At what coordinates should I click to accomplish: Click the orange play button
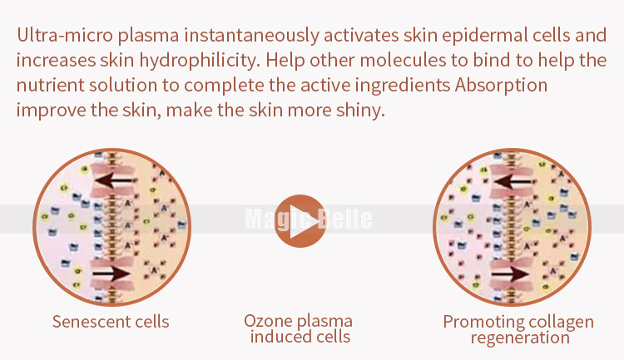click(x=300, y=221)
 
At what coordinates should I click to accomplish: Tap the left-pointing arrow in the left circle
click(x=113, y=181)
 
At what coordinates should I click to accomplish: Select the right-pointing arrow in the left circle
click(x=111, y=274)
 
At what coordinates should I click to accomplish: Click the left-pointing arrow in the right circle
click(x=513, y=182)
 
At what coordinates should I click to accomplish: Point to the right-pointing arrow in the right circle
click(x=511, y=274)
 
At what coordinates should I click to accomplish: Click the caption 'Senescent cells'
click(x=111, y=322)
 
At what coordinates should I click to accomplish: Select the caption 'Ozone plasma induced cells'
click(x=299, y=328)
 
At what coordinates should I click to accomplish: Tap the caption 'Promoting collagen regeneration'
click(x=518, y=329)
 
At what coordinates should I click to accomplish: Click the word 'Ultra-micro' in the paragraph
click(x=65, y=35)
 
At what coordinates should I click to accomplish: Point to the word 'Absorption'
click(x=502, y=86)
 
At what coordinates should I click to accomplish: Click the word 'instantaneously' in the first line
click(x=251, y=36)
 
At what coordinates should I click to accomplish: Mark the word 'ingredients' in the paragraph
click(x=403, y=86)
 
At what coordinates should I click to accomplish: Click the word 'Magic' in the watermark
click(x=275, y=219)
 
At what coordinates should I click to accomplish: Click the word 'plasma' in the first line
click(x=148, y=36)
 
